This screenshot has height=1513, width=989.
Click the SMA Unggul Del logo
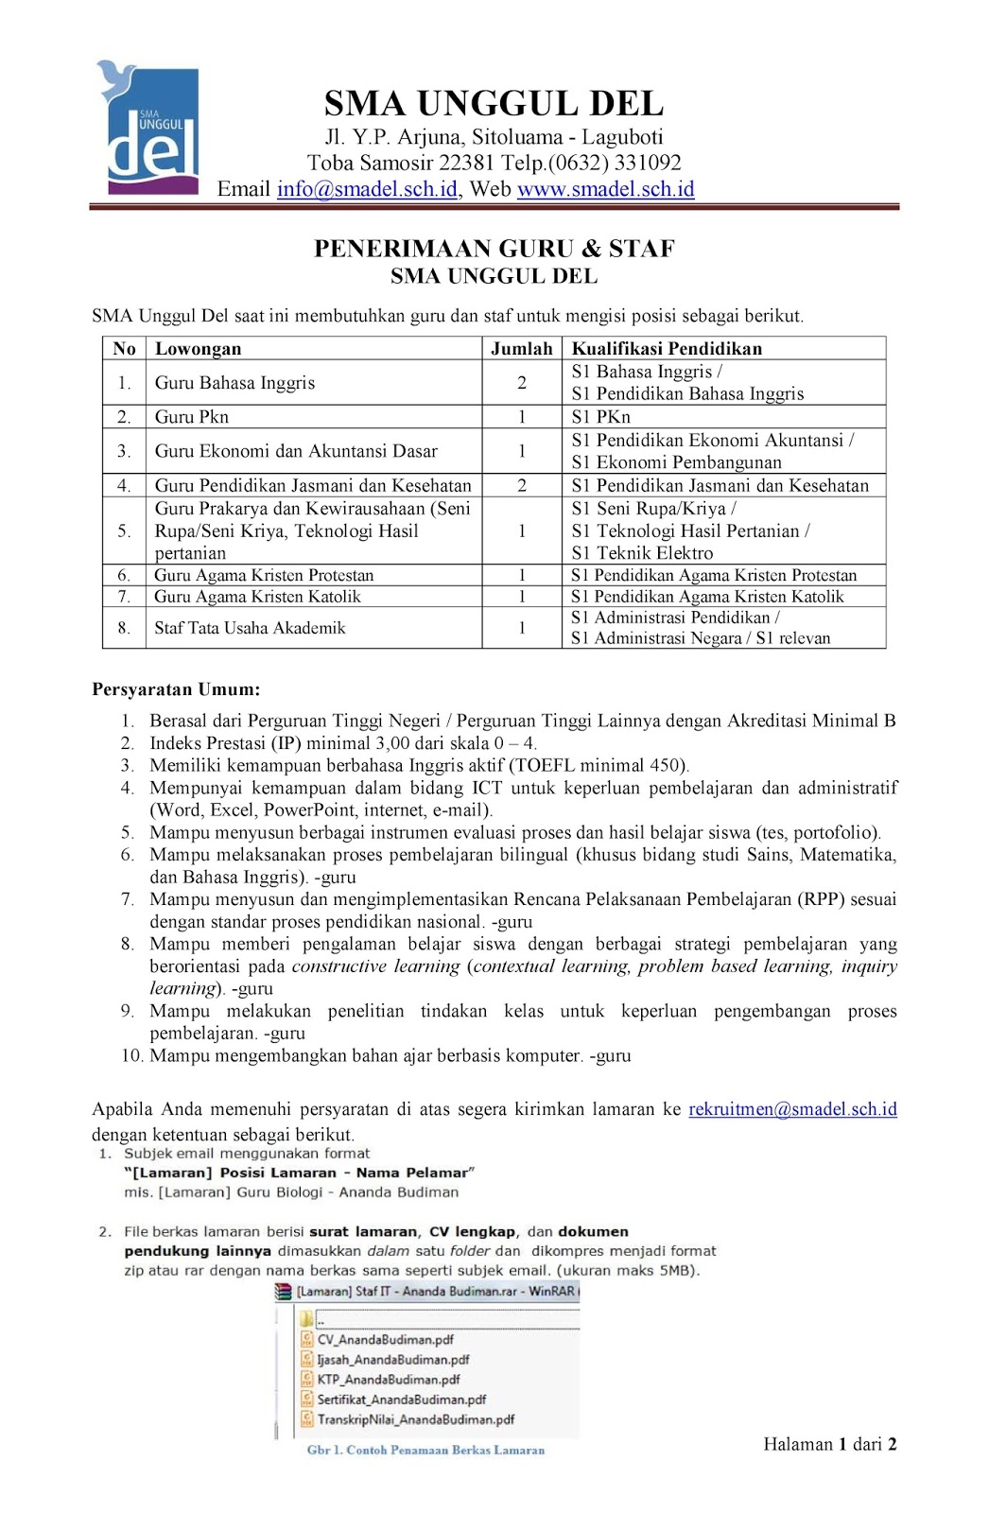click(148, 129)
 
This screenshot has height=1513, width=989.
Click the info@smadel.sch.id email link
click(367, 189)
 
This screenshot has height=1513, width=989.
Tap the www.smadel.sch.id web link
click(605, 189)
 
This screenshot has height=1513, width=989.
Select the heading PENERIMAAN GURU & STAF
click(494, 249)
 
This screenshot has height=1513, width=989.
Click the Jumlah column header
click(521, 349)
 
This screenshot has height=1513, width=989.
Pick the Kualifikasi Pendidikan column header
click(667, 349)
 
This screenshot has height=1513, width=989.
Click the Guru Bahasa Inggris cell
click(235, 383)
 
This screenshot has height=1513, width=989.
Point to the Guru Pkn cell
click(192, 417)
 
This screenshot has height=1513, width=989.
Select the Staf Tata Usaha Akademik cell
click(251, 628)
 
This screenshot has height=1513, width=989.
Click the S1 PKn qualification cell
click(601, 417)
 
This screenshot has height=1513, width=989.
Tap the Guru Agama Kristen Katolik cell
click(258, 597)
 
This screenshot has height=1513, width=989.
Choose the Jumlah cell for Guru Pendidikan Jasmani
click(521, 486)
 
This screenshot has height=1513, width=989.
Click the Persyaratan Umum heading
click(176, 689)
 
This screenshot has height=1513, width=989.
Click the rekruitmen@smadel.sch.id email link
click(792, 1109)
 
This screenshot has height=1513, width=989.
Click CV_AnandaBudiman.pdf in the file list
click(385, 1340)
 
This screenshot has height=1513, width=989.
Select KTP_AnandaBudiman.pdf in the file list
click(388, 1380)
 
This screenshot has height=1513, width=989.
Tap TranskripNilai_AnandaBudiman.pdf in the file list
click(415, 1419)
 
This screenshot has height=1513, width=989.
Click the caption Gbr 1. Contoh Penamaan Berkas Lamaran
click(425, 1450)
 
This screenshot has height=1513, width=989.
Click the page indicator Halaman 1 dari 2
click(829, 1444)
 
